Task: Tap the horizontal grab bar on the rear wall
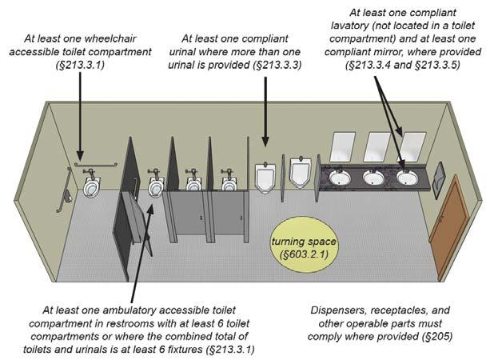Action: coord(96,165)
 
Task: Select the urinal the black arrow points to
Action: coord(265,178)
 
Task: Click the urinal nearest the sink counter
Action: coord(301,170)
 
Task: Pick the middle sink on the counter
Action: coord(373,177)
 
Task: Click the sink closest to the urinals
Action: coord(341,177)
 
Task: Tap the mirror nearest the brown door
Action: coord(411,146)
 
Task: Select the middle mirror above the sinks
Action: coord(376,146)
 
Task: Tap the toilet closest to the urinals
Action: coord(229,182)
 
